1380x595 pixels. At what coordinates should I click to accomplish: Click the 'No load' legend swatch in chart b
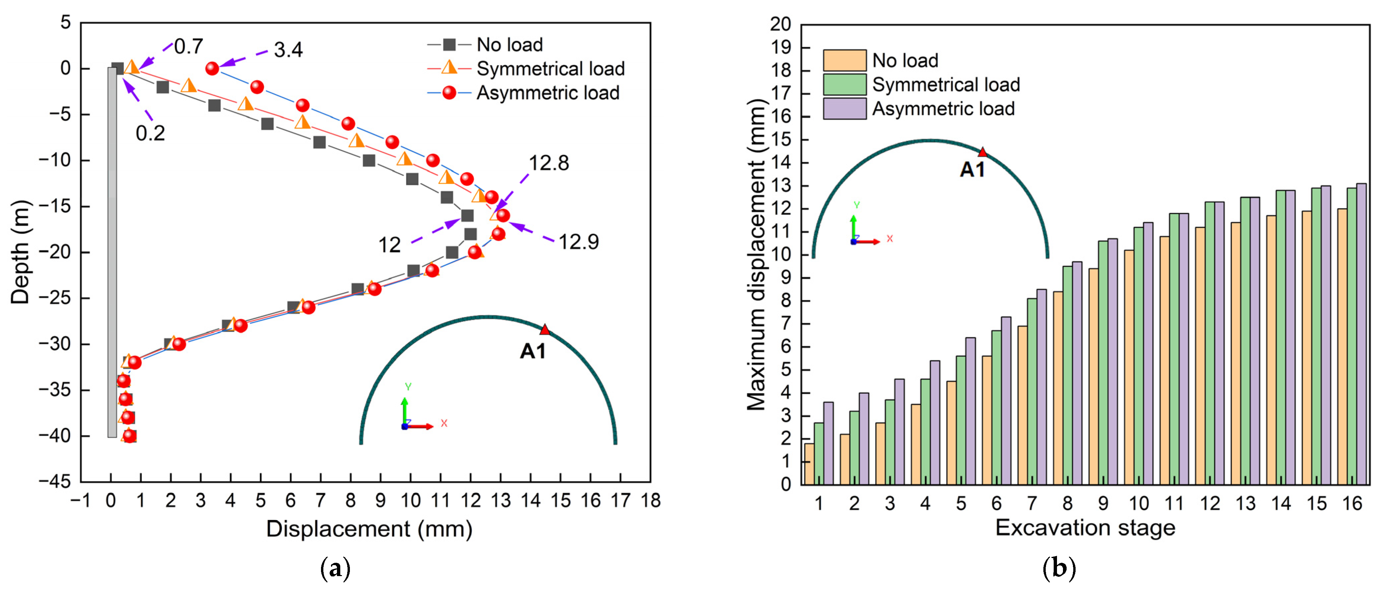(844, 60)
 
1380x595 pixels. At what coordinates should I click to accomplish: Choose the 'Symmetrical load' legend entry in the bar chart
(945, 85)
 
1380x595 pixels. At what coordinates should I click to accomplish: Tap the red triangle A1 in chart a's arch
(545, 330)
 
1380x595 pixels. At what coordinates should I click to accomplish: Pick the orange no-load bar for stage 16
(1342, 346)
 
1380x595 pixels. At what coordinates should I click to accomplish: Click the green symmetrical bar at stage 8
(1068, 375)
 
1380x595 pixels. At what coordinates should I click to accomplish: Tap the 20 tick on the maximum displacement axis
(780, 24)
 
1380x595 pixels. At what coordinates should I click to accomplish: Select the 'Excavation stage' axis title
(1085, 528)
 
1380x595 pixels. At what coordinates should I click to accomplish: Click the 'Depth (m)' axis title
(20, 252)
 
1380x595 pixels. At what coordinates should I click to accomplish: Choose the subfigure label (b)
(1059, 568)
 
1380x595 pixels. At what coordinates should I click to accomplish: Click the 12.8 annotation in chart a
(548, 163)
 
